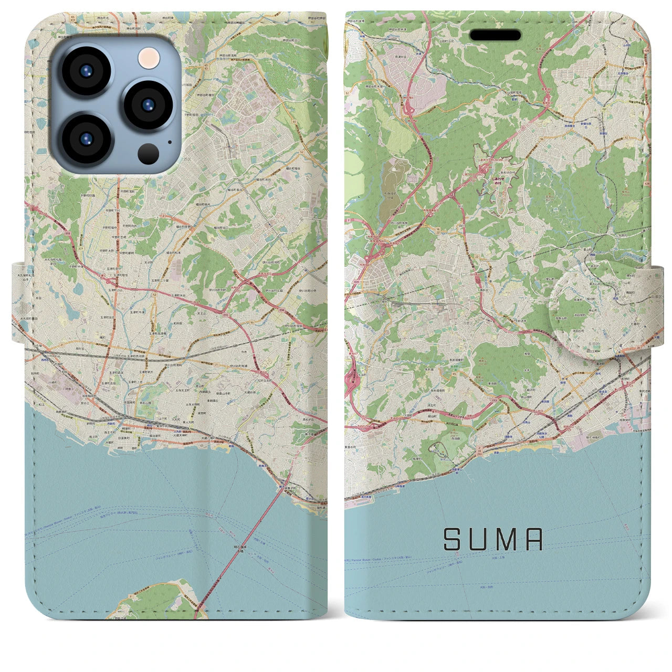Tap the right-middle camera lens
click(149, 103)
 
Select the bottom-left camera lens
click(86, 139)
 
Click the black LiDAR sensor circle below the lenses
click(149, 153)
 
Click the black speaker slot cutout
click(495, 35)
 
